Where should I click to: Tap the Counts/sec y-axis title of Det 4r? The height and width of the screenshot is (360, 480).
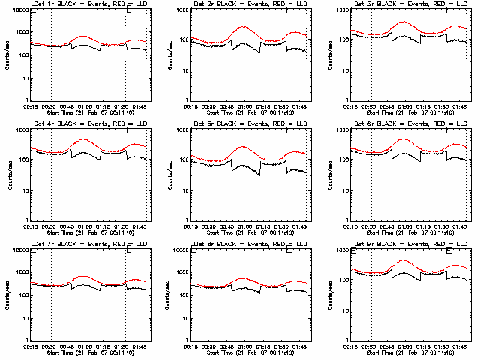point(6,175)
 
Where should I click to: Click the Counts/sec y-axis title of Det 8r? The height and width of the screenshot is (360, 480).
point(167,295)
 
